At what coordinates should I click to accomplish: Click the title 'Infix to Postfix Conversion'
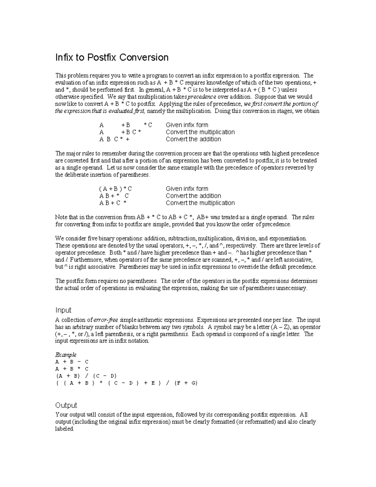pyautogui.click(x=112, y=57)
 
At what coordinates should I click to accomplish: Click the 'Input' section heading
pyautogui.click(x=63, y=310)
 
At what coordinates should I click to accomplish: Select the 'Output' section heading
pyautogui.click(x=66, y=405)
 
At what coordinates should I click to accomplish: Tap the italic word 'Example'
pyautogui.click(x=66, y=355)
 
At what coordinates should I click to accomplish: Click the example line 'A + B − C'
pyautogui.click(x=72, y=362)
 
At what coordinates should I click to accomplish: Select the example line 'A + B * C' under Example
pyautogui.click(x=72, y=369)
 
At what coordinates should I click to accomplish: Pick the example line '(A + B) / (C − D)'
pyautogui.click(x=86, y=376)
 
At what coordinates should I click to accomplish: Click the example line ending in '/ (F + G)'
pyautogui.click(x=126, y=383)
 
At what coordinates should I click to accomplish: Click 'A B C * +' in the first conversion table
pyautogui.click(x=114, y=139)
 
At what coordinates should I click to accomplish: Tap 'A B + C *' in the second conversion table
pyautogui.click(x=113, y=203)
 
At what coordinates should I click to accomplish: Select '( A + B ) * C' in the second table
pyautogui.click(x=115, y=189)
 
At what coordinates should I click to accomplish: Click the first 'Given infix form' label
pyautogui.click(x=187, y=125)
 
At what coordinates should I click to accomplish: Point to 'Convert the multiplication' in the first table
pyautogui.click(x=200, y=132)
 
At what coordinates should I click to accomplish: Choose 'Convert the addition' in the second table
pyautogui.click(x=193, y=196)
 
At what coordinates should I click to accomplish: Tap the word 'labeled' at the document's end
pyautogui.click(x=64, y=429)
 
